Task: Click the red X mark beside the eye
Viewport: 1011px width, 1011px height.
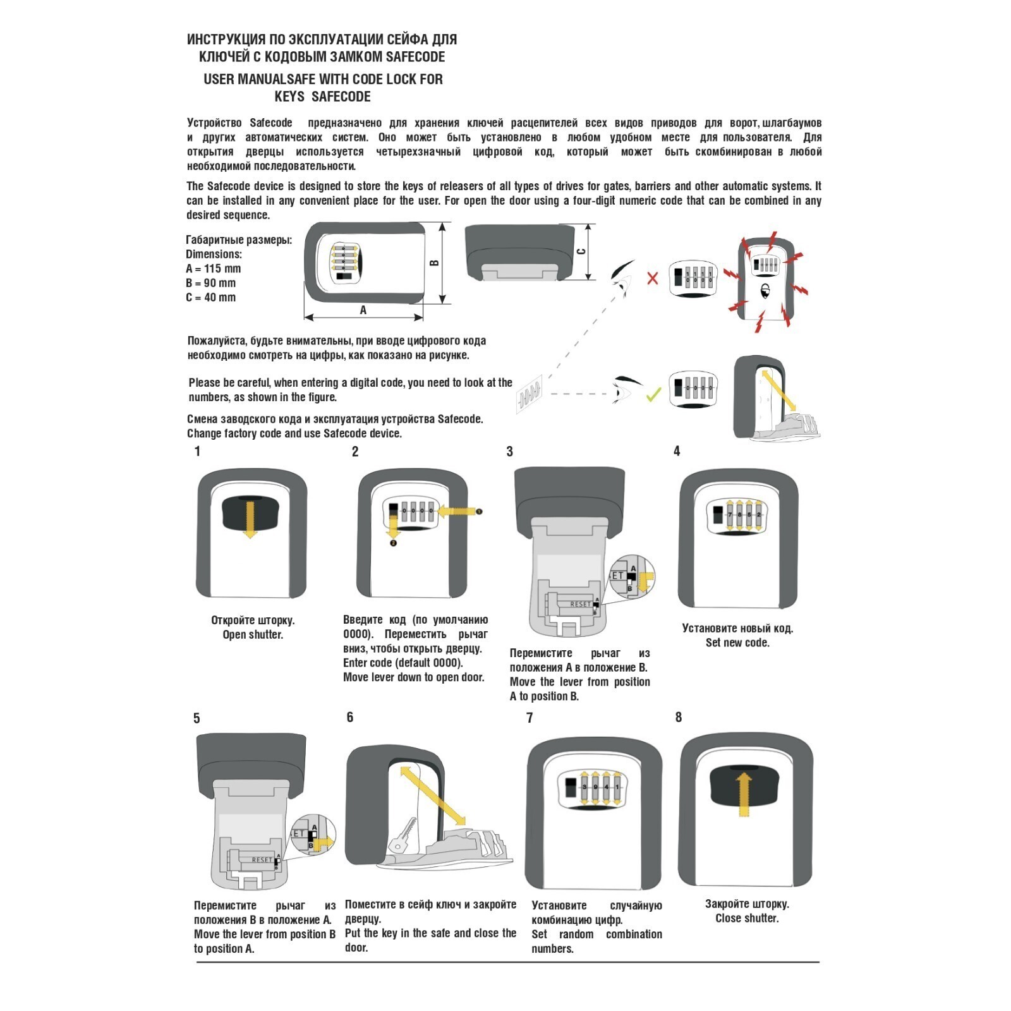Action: [x=653, y=278]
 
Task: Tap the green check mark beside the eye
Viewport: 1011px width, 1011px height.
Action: [x=653, y=395]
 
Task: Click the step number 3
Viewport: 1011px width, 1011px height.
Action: [x=510, y=452]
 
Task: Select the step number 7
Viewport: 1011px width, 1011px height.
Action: [x=530, y=718]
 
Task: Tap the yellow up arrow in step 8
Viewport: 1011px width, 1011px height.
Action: [x=744, y=794]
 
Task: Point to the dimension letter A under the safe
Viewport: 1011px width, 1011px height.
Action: [x=363, y=310]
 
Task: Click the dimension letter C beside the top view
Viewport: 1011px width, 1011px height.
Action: [x=581, y=251]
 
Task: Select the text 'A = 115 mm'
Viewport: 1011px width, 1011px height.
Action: [x=213, y=269]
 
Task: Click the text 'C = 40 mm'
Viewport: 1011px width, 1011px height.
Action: [x=210, y=298]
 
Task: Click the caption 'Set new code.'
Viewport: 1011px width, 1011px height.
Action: [x=737, y=643]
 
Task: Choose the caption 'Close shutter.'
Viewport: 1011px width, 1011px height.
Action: [x=747, y=918]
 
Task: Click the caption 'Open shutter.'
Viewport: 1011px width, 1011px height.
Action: [x=253, y=634]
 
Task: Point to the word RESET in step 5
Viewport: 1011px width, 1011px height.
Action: [x=262, y=860]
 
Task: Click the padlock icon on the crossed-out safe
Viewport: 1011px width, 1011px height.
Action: [x=765, y=291]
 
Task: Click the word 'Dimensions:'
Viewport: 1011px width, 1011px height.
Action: [x=214, y=254]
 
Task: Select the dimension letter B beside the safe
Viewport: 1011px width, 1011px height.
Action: [x=435, y=263]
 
